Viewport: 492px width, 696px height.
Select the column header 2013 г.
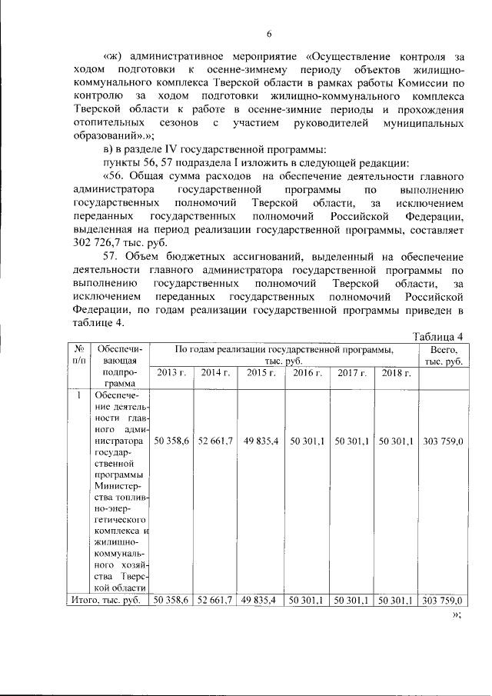click(x=171, y=373)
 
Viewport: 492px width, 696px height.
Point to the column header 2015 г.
click(x=261, y=373)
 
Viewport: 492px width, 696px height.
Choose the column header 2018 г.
click(x=396, y=373)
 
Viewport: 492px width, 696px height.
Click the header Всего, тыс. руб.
click(x=443, y=355)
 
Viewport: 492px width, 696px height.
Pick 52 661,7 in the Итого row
click(x=216, y=600)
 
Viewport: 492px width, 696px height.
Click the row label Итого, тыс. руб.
click(x=105, y=600)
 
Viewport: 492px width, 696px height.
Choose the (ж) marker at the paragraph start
click(x=114, y=56)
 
